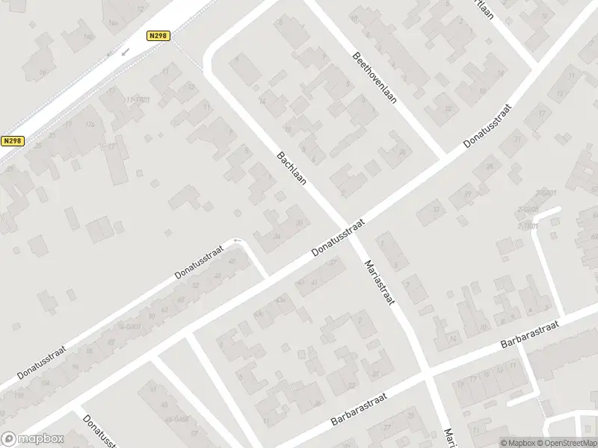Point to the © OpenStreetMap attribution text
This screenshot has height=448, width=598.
(565, 442)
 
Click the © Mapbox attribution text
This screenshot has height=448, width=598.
(517, 442)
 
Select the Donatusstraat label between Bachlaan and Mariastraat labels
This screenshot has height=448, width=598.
(337, 237)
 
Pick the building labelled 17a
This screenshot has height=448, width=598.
(112, 91)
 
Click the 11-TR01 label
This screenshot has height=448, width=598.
(139, 99)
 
